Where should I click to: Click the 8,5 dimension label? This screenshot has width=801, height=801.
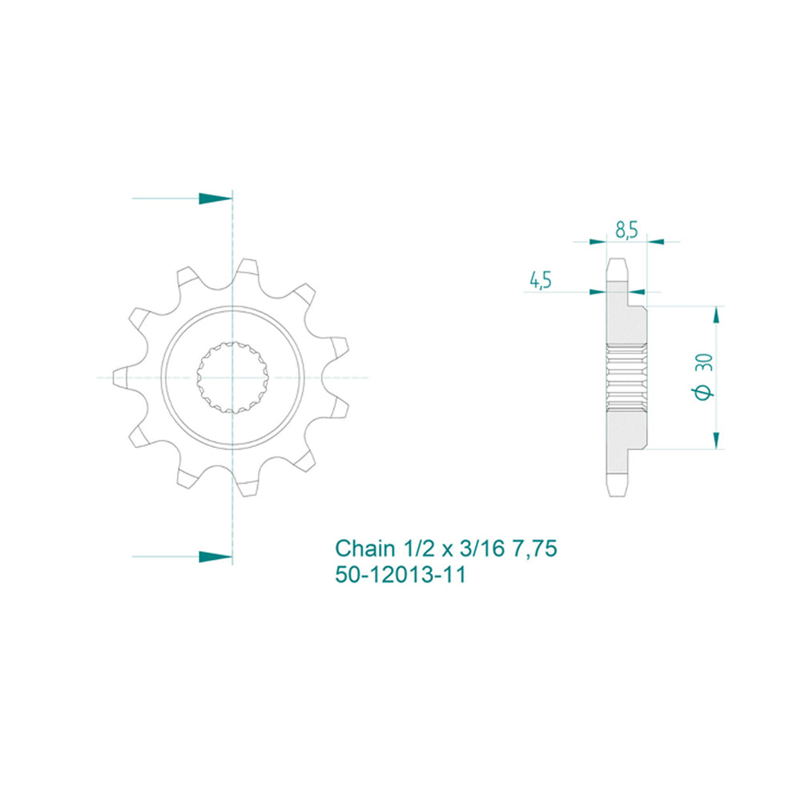click(626, 230)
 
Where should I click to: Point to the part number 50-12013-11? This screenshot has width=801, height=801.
click(400, 574)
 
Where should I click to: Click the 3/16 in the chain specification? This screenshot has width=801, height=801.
click(480, 549)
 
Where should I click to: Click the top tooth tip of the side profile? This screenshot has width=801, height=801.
click(616, 264)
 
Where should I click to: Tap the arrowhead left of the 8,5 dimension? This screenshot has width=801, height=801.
click(597, 239)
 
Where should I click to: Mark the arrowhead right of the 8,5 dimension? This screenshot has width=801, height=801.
click(654, 239)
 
